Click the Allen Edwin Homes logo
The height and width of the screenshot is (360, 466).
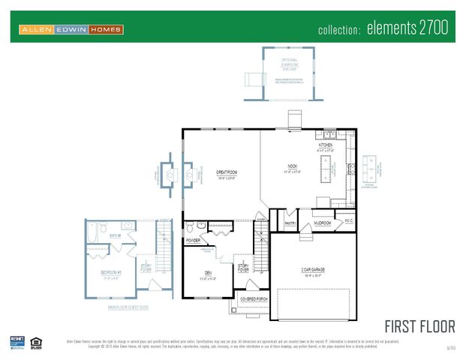[71, 29]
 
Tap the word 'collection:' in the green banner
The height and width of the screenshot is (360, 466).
[340, 31]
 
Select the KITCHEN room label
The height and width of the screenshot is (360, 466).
[325, 145]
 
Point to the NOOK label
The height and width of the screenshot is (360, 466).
[292, 166]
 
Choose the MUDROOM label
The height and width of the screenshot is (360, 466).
[323, 223]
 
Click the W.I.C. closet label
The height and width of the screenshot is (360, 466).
[349, 221]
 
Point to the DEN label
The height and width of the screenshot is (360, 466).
[208, 273]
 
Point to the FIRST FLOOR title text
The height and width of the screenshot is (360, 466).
[419, 326]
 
